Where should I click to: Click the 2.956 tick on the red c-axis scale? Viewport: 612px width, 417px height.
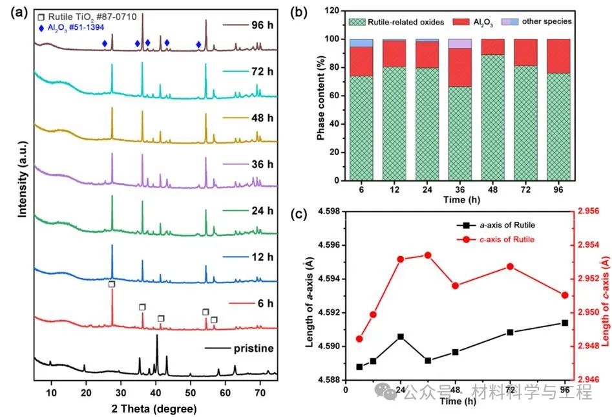591,211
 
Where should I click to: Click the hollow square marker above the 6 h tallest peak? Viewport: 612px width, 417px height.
112,284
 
